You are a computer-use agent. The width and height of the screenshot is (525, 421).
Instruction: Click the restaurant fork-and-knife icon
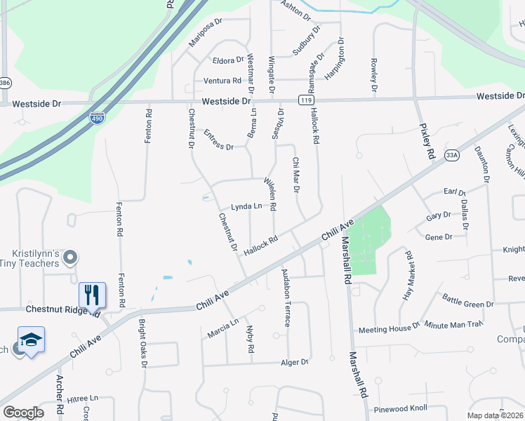(x=92, y=294)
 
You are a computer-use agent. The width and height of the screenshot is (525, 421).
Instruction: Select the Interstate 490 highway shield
(x=97, y=119)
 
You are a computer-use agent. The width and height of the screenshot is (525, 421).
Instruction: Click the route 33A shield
(x=451, y=158)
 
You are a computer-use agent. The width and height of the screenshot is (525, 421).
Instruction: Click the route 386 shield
(x=4, y=82)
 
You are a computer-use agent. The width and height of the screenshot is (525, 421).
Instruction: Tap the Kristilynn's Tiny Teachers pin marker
(x=69, y=259)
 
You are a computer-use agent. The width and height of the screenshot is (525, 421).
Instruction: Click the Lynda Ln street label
(x=246, y=206)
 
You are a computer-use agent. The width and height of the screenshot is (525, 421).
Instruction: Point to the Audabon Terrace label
(x=286, y=298)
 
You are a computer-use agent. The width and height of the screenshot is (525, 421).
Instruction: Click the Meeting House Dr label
(x=388, y=328)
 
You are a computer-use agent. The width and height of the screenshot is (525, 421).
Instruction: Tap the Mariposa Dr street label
(x=206, y=32)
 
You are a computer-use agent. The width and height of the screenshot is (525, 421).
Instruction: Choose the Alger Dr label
(x=295, y=362)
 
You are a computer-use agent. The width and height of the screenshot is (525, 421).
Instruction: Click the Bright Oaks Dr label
(x=142, y=345)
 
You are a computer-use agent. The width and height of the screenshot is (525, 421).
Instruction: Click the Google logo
(x=23, y=413)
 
